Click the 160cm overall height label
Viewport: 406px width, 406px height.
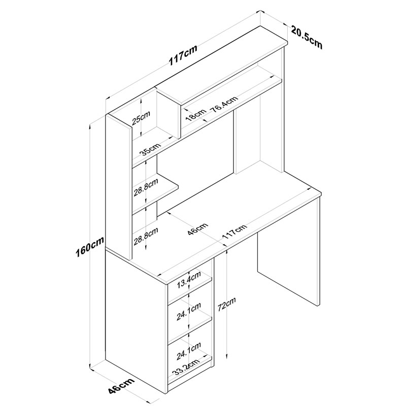click(x=90, y=247)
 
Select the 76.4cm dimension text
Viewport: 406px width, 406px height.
click(x=225, y=105)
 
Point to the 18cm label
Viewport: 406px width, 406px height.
click(x=196, y=115)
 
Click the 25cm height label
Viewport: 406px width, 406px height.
click(x=142, y=118)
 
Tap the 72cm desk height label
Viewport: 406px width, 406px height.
click(x=227, y=304)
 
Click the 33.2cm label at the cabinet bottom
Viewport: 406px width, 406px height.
click(x=186, y=367)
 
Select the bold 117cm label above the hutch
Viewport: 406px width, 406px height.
click(x=183, y=55)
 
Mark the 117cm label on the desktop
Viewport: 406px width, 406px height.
click(x=234, y=232)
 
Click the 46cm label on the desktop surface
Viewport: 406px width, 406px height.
click(x=198, y=229)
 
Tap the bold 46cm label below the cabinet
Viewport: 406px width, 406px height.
click(x=121, y=389)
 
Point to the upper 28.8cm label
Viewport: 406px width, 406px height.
click(x=146, y=187)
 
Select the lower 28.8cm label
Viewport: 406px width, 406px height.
click(x=146, y=236)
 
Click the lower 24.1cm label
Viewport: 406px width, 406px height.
click(x=189, y=351)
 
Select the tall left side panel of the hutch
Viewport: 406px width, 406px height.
click(x=119, y=187)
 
